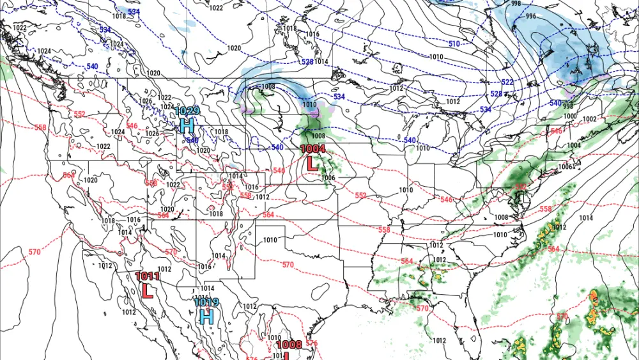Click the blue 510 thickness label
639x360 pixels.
pyautogui.click(x=454, y=43)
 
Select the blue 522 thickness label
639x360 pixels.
pyautogui.click(x=507, y=82)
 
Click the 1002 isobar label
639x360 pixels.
pyautogui.click(x=589, y=120)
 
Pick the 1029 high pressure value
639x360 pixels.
pyautogui.click(x=187, y=111)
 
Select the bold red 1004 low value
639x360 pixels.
pyautogui.click(x=313, y=149)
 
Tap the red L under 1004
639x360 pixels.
pyautogui.click(x=312, y=163)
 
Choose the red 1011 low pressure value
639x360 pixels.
pyautogui.click(x=148, y=277)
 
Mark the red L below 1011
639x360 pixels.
pyautogui.click(x=147, y=291)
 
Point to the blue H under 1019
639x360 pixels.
pyautogui.click(x=206, y=316)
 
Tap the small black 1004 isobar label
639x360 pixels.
pyautogui.click(x=574, y=145)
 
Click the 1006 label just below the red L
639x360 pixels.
pyautogui.click(x=328, y=177)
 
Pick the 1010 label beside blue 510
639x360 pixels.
pyautogui.click(x=436, y=57)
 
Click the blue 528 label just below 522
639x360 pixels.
pyautogui.click(x=496, y=94)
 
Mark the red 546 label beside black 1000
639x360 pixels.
pyautogui.click(x=557, y=131)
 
